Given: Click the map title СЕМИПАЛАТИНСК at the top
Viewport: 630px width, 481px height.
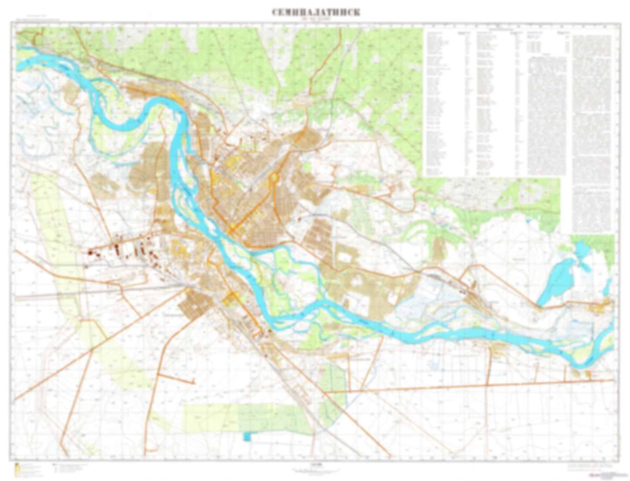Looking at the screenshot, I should click(316, 12).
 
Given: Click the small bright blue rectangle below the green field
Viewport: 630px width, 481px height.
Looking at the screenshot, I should click(248, 436).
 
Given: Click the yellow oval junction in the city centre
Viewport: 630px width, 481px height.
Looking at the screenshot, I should click(275, 178).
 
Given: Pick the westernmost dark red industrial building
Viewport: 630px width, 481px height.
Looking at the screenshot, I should click(91, 251).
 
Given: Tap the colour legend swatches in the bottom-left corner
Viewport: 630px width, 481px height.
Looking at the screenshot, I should click(17, 469).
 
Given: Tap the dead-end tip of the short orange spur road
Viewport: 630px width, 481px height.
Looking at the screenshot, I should click(193, 383).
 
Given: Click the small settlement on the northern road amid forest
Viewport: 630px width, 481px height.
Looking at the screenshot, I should click(302, 101).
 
